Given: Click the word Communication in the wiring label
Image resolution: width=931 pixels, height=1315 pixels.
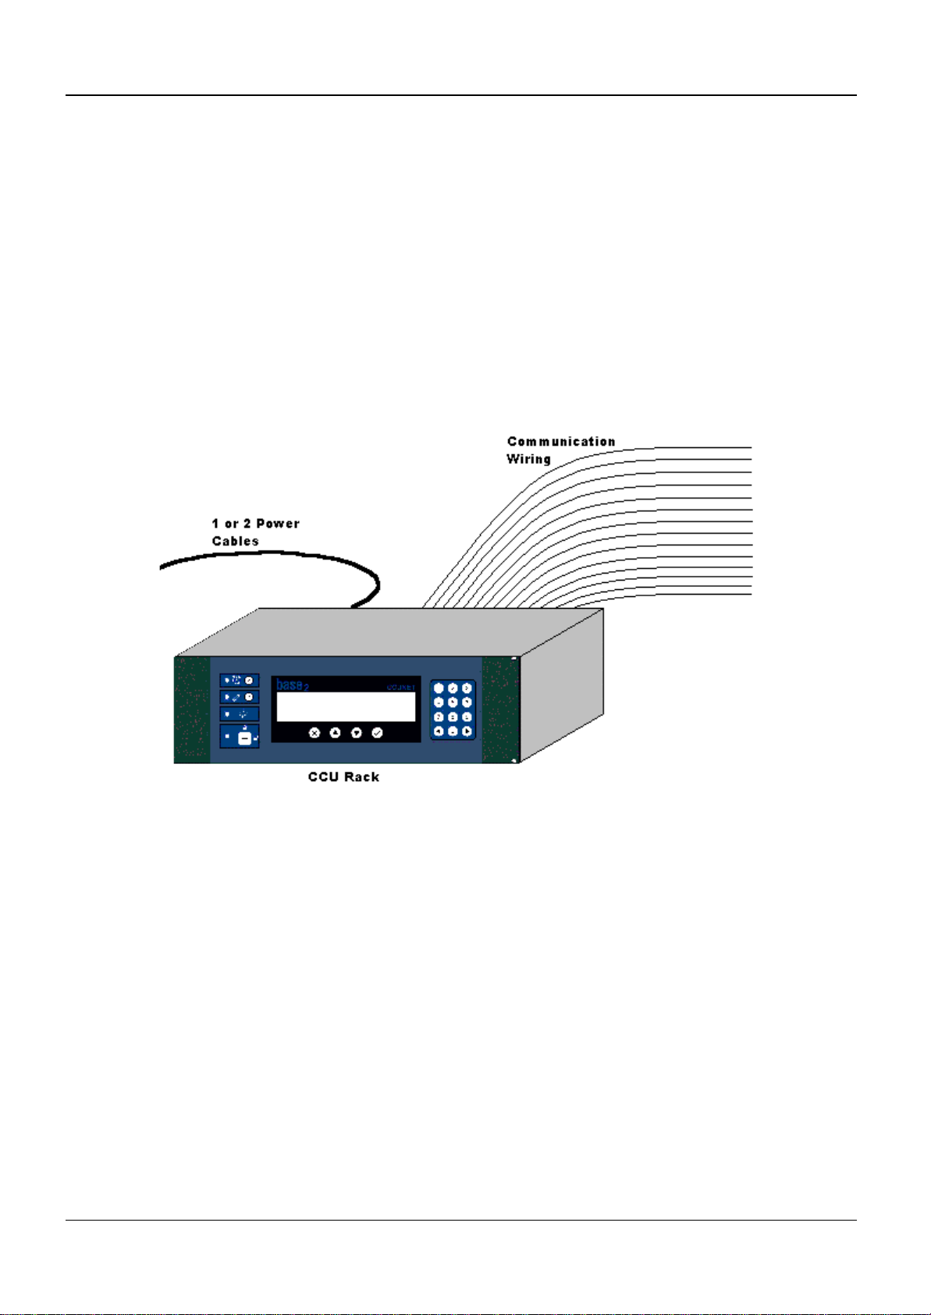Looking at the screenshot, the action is pyautogui.click(x=560, y=442).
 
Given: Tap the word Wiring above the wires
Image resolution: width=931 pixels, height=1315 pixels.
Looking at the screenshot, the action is pyautogui.click(x=528, y=459).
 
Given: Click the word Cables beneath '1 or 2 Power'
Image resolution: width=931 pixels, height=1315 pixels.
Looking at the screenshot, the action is pyautogui.click(x=235, y=541).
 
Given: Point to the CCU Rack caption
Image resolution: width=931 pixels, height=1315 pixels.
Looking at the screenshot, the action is pyautogui.click(x=343, y=777).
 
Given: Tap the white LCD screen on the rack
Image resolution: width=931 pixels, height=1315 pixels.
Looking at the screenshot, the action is pyautogui.click(x=346, y=707).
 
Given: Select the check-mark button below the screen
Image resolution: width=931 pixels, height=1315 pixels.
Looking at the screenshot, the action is pyautogui.click(x=377, y=733).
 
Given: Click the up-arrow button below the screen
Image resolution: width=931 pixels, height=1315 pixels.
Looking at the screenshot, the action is pyautogui.click(x=335, y=733).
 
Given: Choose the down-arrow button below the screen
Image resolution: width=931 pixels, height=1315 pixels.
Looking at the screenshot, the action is pyautogui.click(x=356, y=733).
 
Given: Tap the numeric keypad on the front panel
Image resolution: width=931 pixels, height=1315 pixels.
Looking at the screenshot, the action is pyautogui.click(x=453, y=709).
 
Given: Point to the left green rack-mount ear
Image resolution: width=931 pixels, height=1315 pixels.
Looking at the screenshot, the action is pyautogui.click(x=191, y=709).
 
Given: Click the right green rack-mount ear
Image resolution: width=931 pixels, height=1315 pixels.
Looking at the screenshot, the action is pyautogui.click(x=500, y=709).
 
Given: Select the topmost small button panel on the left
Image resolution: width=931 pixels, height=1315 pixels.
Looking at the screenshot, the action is pyautogui.click(x=239, y=681).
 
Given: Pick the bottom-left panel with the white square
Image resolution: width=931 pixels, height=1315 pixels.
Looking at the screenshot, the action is pyautogui.click(x=239, y=736).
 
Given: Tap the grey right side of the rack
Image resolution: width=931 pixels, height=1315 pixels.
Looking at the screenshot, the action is pyautogui.click(x=562, y=687).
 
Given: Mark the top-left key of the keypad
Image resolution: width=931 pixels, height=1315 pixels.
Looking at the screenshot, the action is pyautogui.click(x=439, y=688).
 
